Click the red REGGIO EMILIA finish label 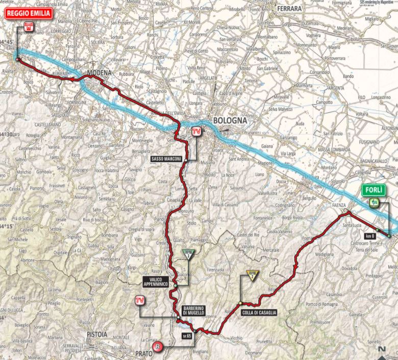pos(29,13)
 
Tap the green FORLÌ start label pos(374,190)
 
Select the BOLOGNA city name pos(230,122)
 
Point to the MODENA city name pos(99,73)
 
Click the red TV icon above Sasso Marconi pos(195,132)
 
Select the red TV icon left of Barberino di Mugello pos(138,301)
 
